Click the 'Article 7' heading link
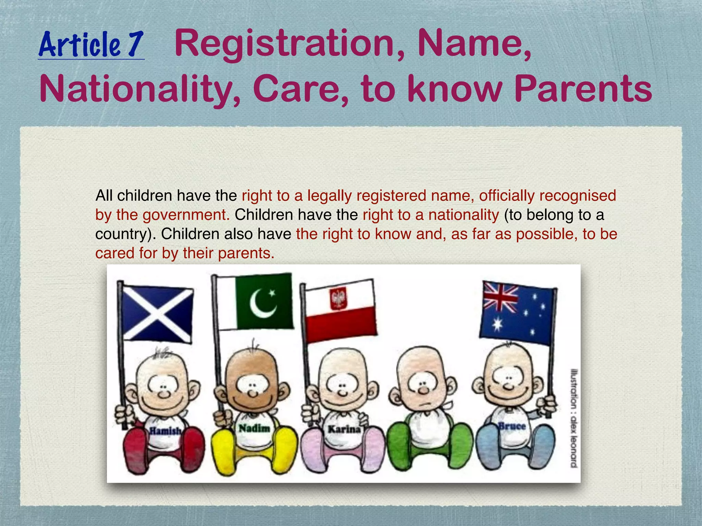[x=91, y=45]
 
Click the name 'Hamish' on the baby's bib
[x=165, y=430]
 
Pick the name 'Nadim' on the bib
[x=254, y=428]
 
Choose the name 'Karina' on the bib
[x=344, y=429]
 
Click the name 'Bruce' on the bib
[x=512, y=426]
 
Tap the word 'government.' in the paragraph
[x=186, y=215]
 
